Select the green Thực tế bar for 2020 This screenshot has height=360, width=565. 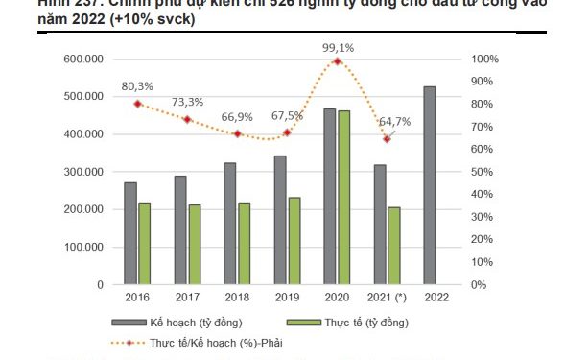coord(343,198)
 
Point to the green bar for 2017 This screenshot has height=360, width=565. coord(194,244)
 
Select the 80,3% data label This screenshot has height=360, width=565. coord(137,86)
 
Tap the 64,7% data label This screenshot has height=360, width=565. coord(394,122)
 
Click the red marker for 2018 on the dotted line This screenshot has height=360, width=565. coord(237,133)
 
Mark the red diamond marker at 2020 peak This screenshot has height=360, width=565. coord(337,61)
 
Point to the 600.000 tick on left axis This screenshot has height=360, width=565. coord(83,60)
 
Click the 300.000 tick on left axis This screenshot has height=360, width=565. coord(83,172)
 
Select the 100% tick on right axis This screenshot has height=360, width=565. coord(485,60)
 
